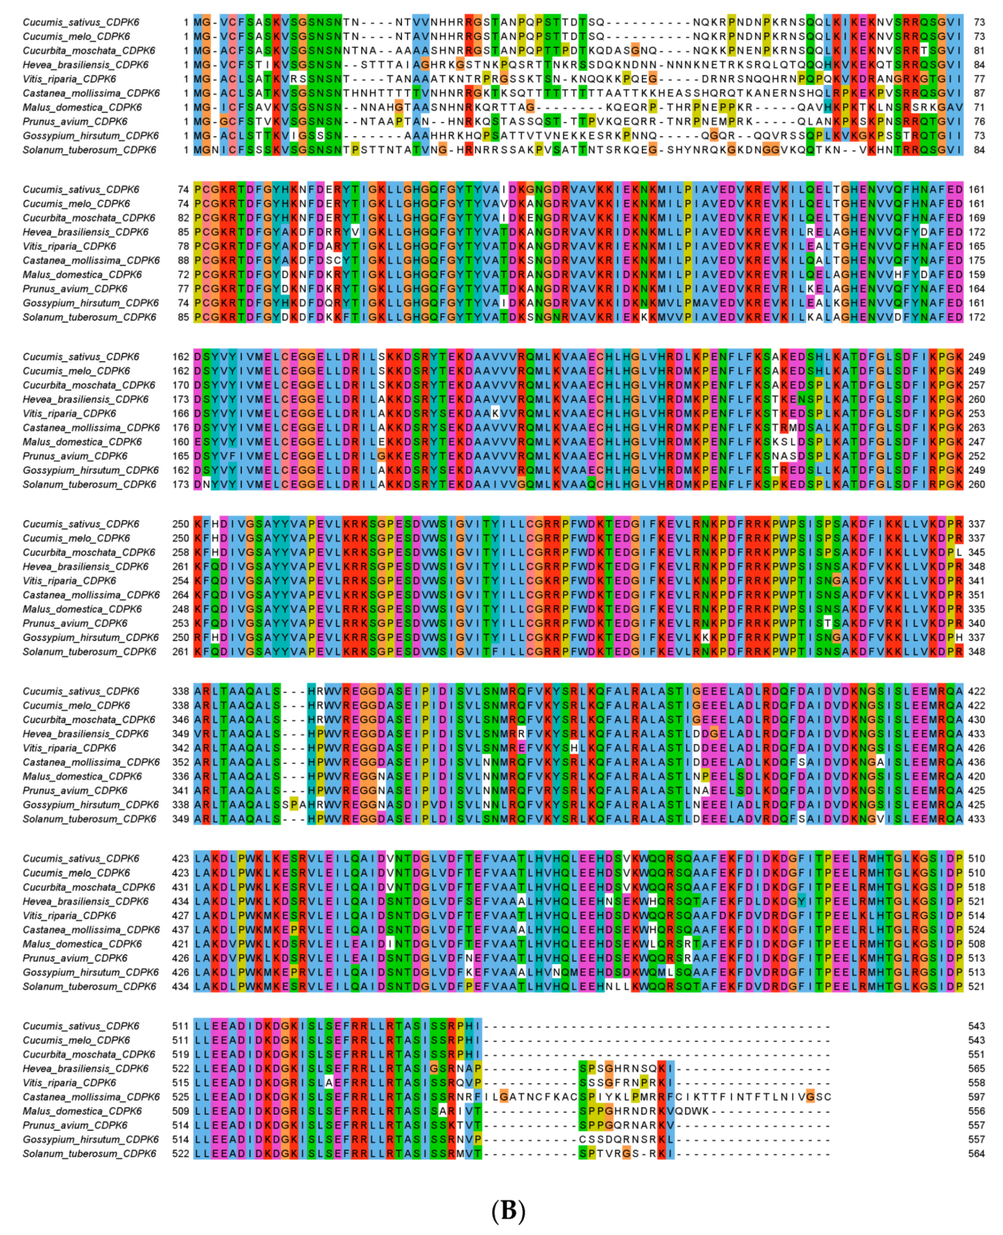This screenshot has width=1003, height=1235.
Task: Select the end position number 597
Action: click(x=976, y=1097)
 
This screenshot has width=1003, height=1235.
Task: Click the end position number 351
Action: click(x=976, y=595)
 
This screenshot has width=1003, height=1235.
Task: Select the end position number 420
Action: click(x=976, y=776)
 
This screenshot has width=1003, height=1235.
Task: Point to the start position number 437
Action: click(x=181, y=930)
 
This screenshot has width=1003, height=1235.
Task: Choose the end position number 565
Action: click(x=976, y=1068)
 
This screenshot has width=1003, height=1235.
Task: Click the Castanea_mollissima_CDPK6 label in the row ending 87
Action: click(x=91, y=93)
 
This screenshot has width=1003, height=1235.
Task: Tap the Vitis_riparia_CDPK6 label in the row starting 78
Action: click(x=69, y=246)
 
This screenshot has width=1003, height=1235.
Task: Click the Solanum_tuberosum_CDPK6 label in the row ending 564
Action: click(x=90, y=1153)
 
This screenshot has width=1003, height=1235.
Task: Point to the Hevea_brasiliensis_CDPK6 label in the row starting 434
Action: click(x=85, y=902)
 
